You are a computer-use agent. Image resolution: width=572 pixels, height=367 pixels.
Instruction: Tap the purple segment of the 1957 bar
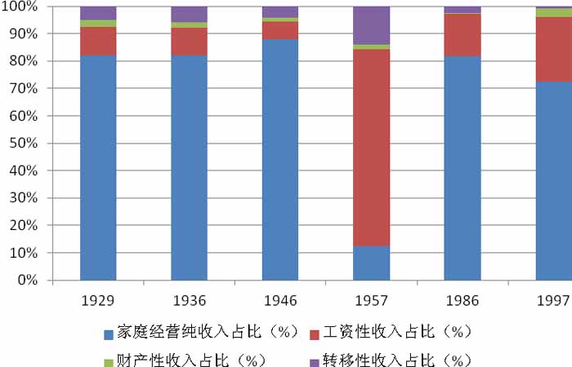point(371,24)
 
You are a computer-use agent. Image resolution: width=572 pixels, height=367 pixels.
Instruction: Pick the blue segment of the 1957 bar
point(371,263)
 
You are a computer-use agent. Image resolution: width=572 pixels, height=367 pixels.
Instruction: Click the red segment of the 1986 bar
point(463,35)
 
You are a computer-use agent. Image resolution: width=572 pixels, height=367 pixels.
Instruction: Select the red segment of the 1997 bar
point(553,49)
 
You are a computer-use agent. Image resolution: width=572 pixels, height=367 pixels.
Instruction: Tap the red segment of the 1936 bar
point(189,42)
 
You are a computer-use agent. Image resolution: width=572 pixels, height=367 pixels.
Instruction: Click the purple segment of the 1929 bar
point(98,13)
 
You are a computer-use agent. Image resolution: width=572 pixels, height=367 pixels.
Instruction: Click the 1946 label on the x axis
point(279,301)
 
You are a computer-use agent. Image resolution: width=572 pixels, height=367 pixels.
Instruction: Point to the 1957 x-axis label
point(371,301)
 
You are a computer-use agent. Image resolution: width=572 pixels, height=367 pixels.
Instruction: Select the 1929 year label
point(98,301)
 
